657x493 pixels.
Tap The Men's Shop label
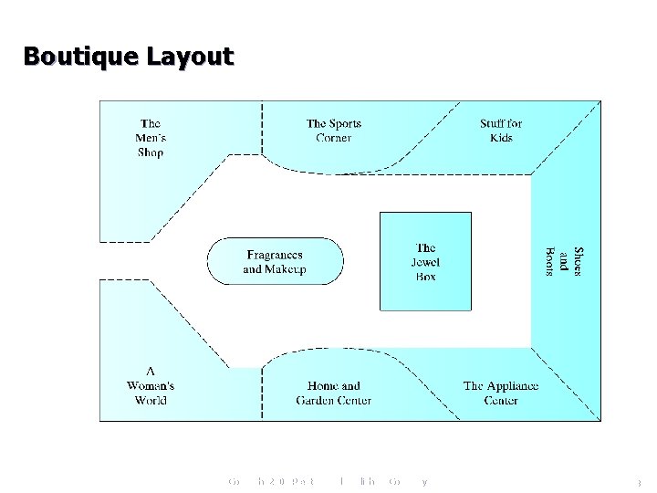[x=151, y=138]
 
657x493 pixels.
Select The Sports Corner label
[x=334, y=131]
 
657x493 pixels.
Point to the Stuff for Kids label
[x=501, y=131]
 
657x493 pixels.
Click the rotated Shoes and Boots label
[x=563, y=264]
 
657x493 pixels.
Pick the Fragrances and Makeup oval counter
[x=275, y=262]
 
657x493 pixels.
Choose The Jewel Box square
[x=425, y=262]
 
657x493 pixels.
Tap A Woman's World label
[x=151, y=385]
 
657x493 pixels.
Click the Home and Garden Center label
[x=333, y=393]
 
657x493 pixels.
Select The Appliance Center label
[x=501, y=393]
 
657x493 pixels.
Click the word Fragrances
[x=275, y=255]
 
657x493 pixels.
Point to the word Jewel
[x=425, y=262]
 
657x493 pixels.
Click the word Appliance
[x=514, y=385]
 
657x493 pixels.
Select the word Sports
[x=345, y=123]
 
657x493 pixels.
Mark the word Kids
[x=501, y=138]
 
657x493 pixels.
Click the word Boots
[x=550, y=264]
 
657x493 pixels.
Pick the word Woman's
[x=151, y=385]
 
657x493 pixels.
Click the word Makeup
[x=286, y=269]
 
